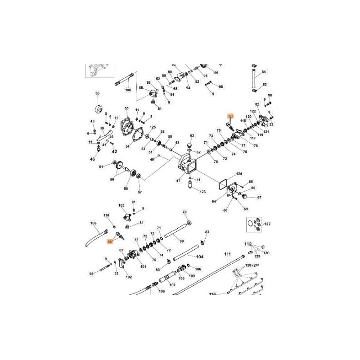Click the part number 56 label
[97, 94]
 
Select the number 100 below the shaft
[128, 90]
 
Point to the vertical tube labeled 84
[253, 77]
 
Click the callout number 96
[216, 73]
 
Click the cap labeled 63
[191, 146]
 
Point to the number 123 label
[202, 192]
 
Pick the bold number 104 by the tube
[200, 257]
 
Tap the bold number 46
[93, 159]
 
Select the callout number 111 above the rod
[227, 255]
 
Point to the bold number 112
[247, 244]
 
